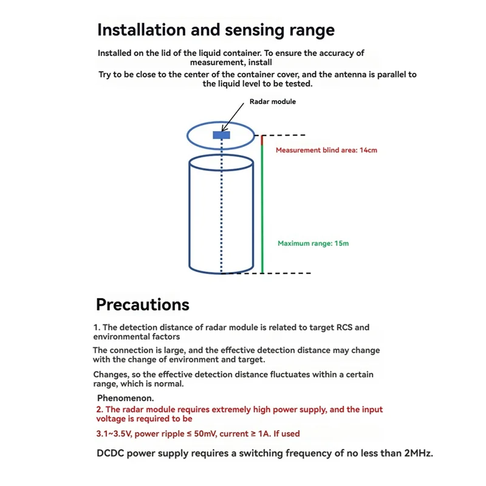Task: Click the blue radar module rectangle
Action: pos(221,135)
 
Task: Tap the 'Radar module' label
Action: pos(273,101)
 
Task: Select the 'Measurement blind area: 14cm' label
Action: pos(326,150)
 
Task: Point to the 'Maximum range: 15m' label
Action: pos(313,244)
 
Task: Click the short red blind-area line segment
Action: pos(262,140)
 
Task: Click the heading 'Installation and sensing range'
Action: pos(216,30)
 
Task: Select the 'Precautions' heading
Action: pos(143,304)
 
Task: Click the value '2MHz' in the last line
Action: pos(418,453)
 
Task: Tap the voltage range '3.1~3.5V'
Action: pos(116,434)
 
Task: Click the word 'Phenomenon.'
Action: pos(126,399)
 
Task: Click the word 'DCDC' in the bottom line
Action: pos(111,453)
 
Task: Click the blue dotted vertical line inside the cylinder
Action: pos(222,213)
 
